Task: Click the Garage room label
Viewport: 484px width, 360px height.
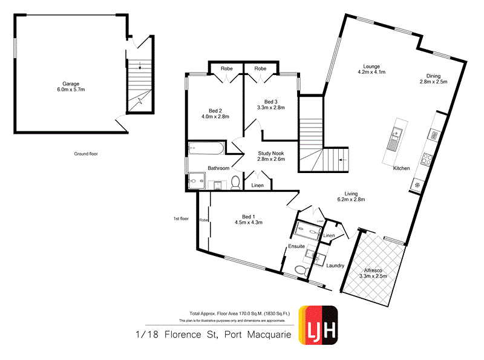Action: [71, 84]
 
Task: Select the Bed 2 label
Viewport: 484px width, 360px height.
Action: [215, 111]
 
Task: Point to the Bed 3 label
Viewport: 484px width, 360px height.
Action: [271, 102]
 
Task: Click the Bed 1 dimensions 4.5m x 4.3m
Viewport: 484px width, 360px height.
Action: [248, 223]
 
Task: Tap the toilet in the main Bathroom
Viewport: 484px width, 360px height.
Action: [236, 182]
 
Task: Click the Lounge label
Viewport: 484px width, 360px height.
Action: [371, 67]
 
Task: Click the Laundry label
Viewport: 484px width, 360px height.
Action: [335, 265]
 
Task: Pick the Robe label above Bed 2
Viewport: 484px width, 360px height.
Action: [227, 68]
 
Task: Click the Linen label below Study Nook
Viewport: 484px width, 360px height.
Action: [257, 185]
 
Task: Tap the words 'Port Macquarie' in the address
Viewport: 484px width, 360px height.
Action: [260, 335]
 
